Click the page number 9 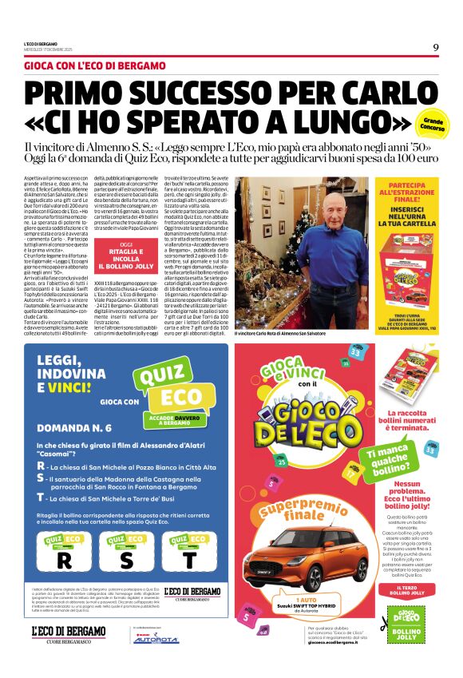tap(436, 47)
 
